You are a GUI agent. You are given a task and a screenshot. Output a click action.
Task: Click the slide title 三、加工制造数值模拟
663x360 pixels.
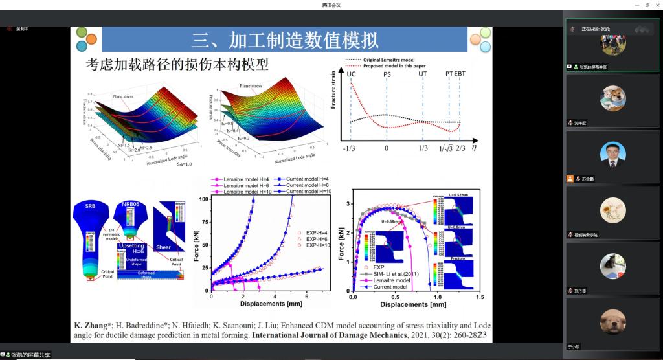tap(285, 40)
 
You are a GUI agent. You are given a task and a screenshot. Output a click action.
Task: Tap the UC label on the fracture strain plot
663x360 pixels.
tap(351, 74)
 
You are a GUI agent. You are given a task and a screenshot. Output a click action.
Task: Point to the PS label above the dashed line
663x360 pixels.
tap(387, 74)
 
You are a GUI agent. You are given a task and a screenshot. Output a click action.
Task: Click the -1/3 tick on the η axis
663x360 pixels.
tap(350, 148)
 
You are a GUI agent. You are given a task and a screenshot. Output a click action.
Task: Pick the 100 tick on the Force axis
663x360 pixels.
tap(204, 199)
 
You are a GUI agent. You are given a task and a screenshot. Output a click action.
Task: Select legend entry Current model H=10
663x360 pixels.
tap(308, 192)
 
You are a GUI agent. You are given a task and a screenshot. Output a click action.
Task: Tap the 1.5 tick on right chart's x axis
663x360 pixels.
tap(478, 297)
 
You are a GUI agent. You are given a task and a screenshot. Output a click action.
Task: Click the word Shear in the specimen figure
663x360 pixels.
tap(163, 247)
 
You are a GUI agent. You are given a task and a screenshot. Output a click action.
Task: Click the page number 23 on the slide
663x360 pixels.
tap(482, 334)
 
